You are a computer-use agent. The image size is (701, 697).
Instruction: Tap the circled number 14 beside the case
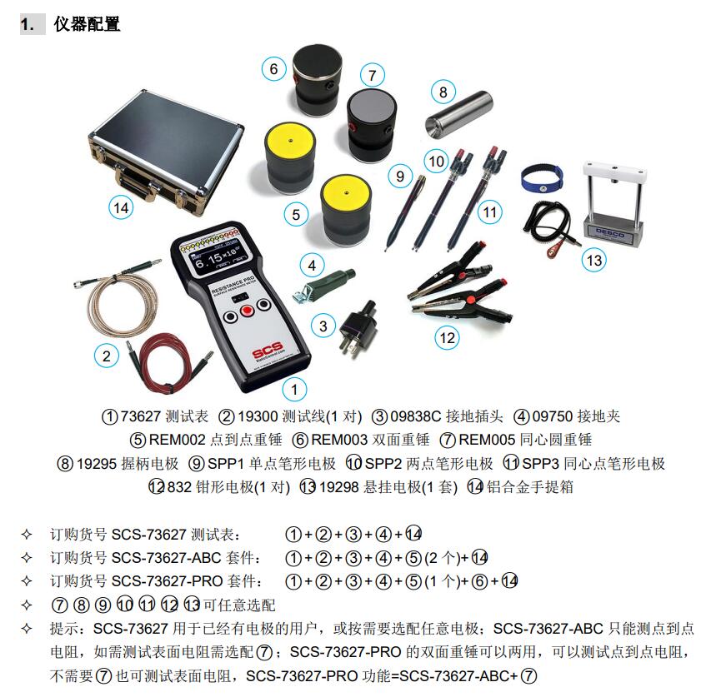[x=121, y=207]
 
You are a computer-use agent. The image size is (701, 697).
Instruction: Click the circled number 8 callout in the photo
[x=443, y=92]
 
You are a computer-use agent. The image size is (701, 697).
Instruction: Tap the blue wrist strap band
[x=541, y=176]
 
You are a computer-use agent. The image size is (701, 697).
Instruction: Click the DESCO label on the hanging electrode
[x=614, y=225]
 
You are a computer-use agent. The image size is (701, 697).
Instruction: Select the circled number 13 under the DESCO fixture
[x=593, y=260]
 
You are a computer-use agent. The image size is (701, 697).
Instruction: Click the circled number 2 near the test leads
[x=106, y=356]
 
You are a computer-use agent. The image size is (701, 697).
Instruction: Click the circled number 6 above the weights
[x=273, y=69]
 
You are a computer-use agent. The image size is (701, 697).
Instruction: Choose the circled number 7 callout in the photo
[x=371, y=72]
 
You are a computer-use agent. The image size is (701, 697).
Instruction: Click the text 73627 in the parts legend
[x=140, y=416]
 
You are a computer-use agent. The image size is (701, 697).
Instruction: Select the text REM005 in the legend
[x=483, y=440]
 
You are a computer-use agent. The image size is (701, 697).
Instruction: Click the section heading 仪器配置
[x=87, y=24]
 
